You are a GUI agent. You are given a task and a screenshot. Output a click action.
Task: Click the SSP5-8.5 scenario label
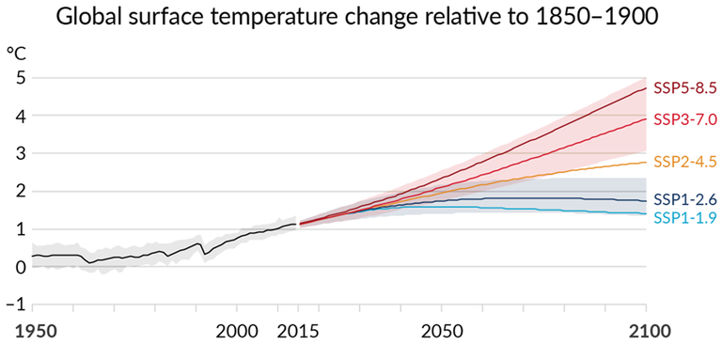click(685, 88)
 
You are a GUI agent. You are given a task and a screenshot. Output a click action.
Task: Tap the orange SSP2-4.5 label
click(685, 161)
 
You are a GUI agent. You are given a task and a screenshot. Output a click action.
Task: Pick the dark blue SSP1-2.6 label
click(685, 199)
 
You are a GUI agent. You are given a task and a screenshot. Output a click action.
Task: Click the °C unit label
click(16, 54)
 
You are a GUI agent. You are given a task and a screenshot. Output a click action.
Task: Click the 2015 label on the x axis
click(298, 332)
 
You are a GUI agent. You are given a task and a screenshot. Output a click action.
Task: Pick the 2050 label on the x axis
click(442, 332)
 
